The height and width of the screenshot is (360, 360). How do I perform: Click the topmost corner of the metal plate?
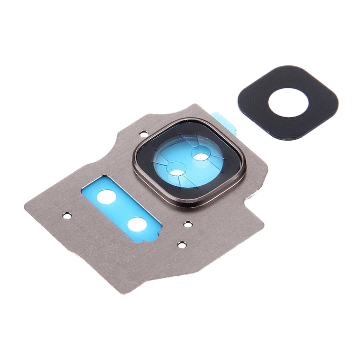click(197, 105)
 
